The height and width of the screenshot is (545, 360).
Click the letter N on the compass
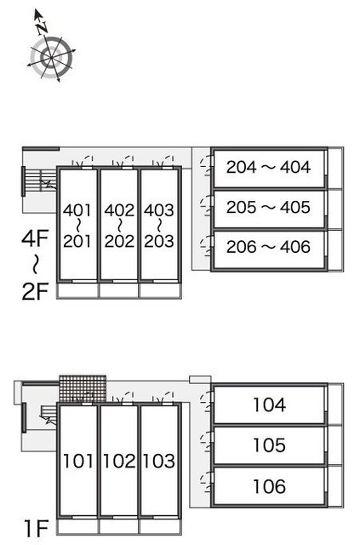point(43,27)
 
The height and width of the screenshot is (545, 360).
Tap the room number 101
point(78,461)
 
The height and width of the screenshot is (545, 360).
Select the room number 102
point(119,461)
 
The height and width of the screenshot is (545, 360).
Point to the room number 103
point(159,461)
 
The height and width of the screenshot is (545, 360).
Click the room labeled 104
point(270,405)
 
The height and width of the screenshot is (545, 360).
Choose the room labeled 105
point(270,445)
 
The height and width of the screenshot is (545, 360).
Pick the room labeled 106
point(270,486)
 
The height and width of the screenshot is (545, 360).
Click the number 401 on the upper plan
point(77,210)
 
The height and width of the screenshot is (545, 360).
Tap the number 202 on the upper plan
point(119,241)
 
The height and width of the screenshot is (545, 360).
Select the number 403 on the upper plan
point(159,210)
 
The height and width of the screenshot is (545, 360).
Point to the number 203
point(159,241)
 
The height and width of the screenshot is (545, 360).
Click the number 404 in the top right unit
point(295,167)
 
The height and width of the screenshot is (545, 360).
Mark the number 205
point(242,207)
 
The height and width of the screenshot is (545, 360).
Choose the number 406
point(295,247)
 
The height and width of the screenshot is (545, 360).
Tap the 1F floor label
point(36,528)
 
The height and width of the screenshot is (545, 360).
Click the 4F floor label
point(35,238)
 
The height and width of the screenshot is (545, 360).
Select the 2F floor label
point(35,291)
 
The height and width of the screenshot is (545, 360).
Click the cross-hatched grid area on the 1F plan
point(83,388)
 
